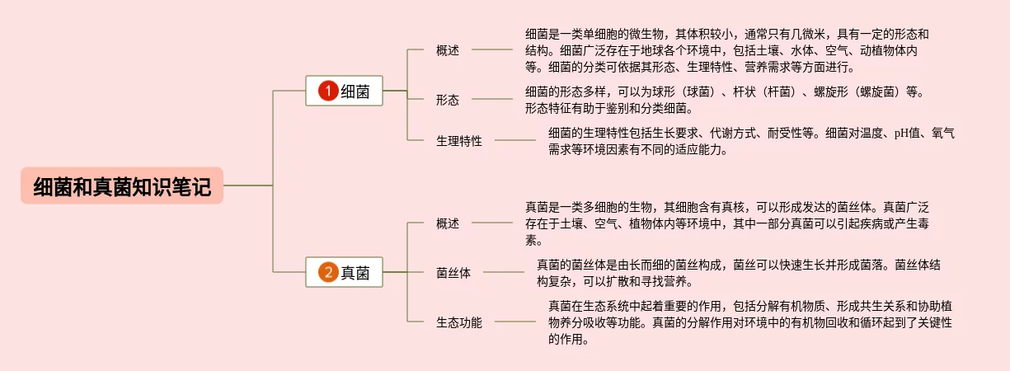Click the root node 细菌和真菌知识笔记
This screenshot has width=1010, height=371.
(x=122, y=187)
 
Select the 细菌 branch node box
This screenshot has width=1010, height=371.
(x=345, y=92)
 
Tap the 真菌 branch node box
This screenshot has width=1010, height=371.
(x=345, y=272)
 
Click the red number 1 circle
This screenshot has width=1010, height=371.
(x=328, y=92)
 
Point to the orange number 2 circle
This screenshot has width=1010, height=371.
(x=328, y=272)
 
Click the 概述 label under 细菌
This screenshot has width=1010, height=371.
(x=448, y=50)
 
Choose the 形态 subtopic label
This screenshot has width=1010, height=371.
(x=448, y=100)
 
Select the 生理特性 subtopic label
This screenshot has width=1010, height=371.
(x=459, y=141)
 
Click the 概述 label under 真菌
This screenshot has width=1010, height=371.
(x=448, y=223)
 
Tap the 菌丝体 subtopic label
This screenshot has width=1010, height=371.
(x=453, y=273)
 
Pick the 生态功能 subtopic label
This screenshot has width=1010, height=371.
(x=459, y=322)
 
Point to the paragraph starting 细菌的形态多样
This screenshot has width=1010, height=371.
(x=726, y=100)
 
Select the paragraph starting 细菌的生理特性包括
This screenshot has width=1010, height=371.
(x=750, y=141)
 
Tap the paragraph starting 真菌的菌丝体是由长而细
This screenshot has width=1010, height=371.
(x=739, y=273)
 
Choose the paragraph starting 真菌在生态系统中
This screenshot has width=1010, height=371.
(x=750, y=322)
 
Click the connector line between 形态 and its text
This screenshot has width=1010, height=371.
(x=491, y=99)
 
